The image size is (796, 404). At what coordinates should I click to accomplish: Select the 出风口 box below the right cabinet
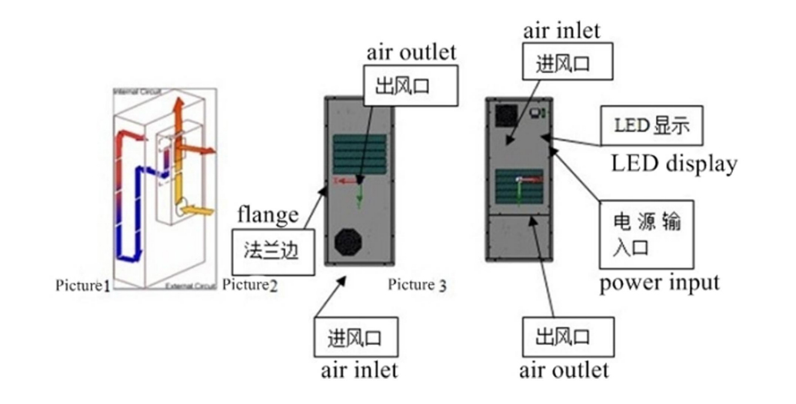tap(567, 337)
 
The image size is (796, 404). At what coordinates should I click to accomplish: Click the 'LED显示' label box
tap(651, 125)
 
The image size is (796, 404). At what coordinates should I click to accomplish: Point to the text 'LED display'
tap(674, 163)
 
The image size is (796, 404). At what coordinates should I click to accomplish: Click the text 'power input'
tap(659, 283)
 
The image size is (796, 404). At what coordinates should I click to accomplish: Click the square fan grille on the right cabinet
tap(506, 115)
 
